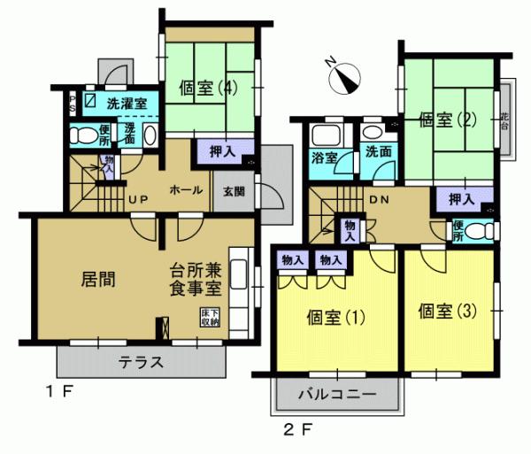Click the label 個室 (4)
tap(209, 88)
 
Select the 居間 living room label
tap(99, 278)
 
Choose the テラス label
tap(142, 361)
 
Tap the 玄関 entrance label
tap(235, 190)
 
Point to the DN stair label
tap(380, 199)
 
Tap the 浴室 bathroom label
tap(325, 159)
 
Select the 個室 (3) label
tap(448, 312)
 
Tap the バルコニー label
tap(337, 392)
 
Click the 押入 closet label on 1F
tap(221, 151)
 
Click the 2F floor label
tap(296, 431)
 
